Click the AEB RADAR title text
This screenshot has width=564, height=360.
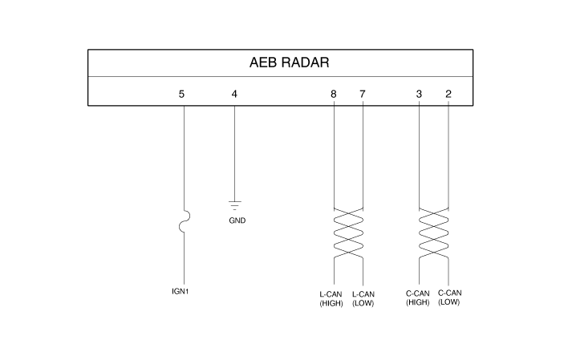289,63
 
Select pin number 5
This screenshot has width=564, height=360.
181,95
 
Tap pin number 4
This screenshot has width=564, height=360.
234,95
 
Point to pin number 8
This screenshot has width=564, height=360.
334,95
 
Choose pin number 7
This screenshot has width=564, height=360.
362,95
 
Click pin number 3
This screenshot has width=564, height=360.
419,95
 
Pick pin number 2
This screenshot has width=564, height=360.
448,95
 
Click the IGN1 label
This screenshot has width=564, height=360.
181,291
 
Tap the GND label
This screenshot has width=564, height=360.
237,220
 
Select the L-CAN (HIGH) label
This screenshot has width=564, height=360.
331,299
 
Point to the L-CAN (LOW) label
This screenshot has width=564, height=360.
363,299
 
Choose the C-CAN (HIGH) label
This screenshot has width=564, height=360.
418,298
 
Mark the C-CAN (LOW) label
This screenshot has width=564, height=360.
449,297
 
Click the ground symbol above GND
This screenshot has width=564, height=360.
234,205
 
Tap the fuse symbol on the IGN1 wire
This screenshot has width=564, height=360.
185,221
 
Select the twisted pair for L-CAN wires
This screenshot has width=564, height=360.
348,233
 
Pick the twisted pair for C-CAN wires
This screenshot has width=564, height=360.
434,233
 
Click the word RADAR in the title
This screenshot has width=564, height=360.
305,63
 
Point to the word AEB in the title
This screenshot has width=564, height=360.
263,63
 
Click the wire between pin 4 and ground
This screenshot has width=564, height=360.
234,153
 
